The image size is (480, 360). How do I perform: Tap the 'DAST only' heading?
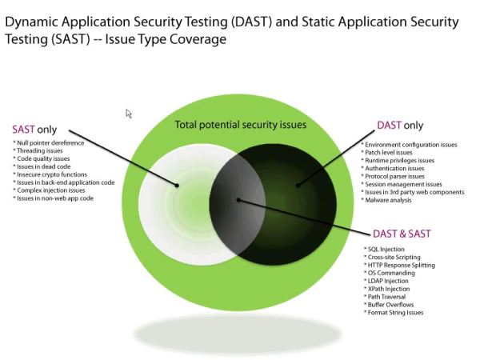[x=400, y=126]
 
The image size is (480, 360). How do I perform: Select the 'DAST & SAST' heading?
[x=402, y=233]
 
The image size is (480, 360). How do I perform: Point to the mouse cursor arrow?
[x=128, y=114]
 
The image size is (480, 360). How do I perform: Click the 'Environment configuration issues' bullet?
[x=410, y=145]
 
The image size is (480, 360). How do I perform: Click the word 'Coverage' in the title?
[x=195, y=38]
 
